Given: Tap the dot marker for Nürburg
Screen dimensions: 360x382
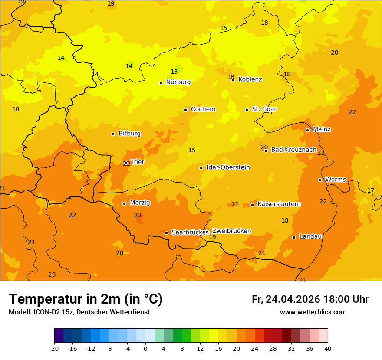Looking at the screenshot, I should (161, 83).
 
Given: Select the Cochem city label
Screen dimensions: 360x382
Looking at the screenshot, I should (203, 109).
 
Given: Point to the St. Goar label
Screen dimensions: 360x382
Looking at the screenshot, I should (264, 109).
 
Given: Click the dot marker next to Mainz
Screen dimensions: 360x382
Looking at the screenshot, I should (307, 130).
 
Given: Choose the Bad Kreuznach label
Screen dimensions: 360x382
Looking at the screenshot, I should (293, 150).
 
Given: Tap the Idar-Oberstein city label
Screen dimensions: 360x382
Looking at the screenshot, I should (228, 167).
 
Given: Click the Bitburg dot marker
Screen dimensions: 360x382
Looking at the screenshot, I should (113, 134).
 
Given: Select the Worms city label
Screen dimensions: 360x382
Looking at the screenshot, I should (336, 180).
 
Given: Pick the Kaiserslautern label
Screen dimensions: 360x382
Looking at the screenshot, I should (279, 204).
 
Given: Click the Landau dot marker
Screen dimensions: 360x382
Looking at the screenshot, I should (294, 237).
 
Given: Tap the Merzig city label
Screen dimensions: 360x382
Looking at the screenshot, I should (140, 203).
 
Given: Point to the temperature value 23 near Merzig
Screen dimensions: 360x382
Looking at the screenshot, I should (138, 216).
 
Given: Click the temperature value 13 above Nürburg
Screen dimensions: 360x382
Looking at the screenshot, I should (174, 72).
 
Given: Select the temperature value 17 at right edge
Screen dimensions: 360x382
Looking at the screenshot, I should (371, 191).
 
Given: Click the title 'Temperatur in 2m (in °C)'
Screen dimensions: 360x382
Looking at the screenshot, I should (86, 299).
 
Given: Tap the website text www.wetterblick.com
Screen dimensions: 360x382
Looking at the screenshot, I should (313, 312).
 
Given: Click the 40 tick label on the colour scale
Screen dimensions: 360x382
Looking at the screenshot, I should (328, 348).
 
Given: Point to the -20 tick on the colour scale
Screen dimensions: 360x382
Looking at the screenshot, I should (54, 348).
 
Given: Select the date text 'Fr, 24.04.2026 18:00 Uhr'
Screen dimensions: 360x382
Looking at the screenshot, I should (310, 299).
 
